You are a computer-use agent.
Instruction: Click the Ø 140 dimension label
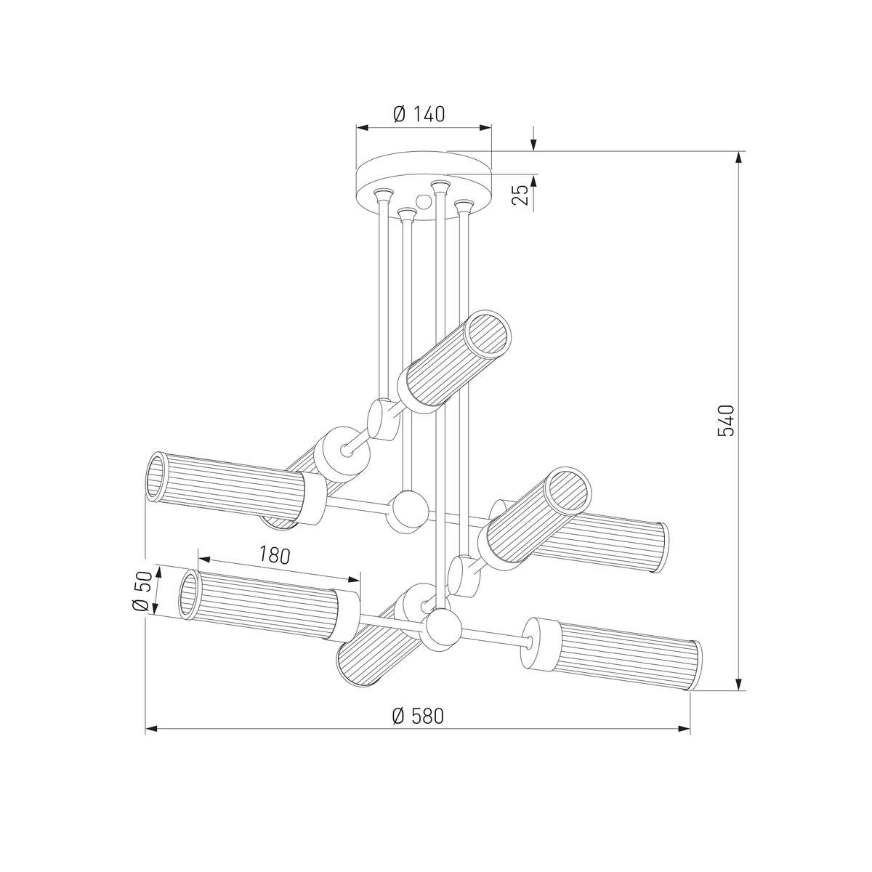419,115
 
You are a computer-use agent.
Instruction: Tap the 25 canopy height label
522,195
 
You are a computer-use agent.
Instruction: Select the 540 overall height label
725,421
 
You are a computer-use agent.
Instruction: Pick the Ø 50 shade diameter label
142,591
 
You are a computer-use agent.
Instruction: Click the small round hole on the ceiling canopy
424,201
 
